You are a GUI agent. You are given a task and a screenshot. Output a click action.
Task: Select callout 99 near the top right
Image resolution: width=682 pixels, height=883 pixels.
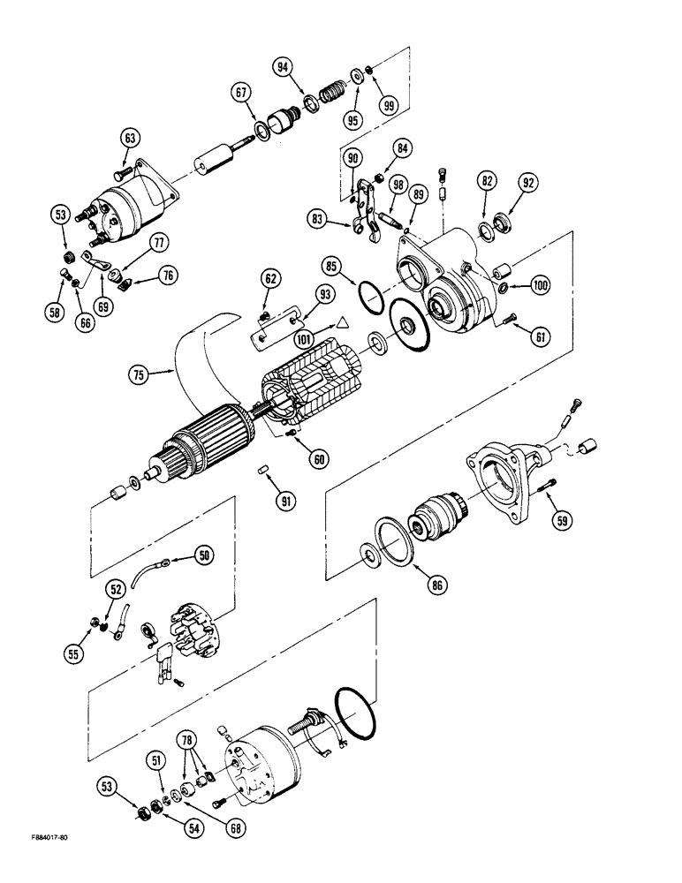click(386, 103)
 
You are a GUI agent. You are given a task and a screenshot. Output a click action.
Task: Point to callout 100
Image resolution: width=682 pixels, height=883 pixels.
click(540, 284)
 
